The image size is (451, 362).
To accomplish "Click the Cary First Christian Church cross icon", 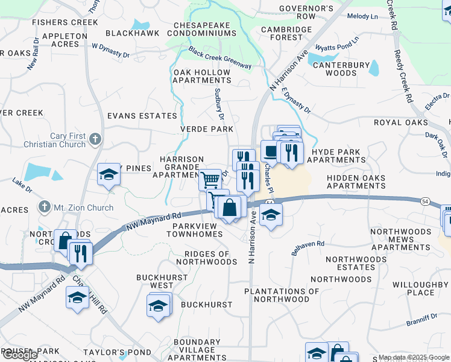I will [x=95, y=140].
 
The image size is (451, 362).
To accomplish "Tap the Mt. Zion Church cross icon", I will [x=43, y=208].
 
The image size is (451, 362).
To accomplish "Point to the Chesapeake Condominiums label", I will [x=204, y=29].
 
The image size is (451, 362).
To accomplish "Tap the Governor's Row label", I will [x=306, y=13].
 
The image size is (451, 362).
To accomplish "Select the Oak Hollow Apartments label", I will [x=202, y=76].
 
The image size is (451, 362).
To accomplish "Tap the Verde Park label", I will [x=207, y=130].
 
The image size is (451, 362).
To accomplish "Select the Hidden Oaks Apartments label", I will [x=356, y=182].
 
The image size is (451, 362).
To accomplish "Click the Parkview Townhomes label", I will [x=198, y=230].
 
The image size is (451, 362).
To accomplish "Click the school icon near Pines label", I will [x=109, y=175].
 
